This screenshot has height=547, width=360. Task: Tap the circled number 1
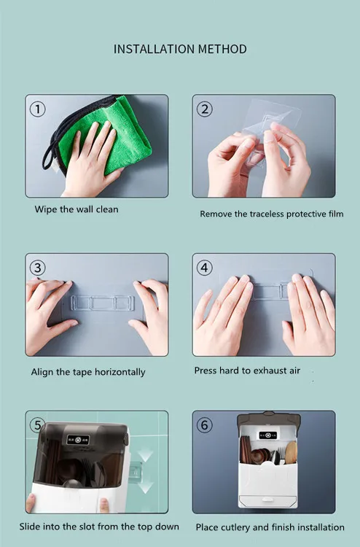38,109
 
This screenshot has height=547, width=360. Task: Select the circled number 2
205,109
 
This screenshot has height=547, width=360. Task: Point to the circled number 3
38,268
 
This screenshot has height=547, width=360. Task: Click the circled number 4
205,268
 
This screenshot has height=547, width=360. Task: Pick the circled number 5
37,425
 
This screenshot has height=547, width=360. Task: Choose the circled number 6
205,425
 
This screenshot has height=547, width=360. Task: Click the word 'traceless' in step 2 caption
267,214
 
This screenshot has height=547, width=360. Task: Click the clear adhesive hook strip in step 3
103,303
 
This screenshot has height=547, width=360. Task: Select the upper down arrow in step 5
145,455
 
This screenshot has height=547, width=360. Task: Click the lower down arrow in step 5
145,487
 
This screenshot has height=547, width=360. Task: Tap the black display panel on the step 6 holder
267,435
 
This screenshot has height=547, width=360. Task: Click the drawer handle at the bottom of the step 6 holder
267,500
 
